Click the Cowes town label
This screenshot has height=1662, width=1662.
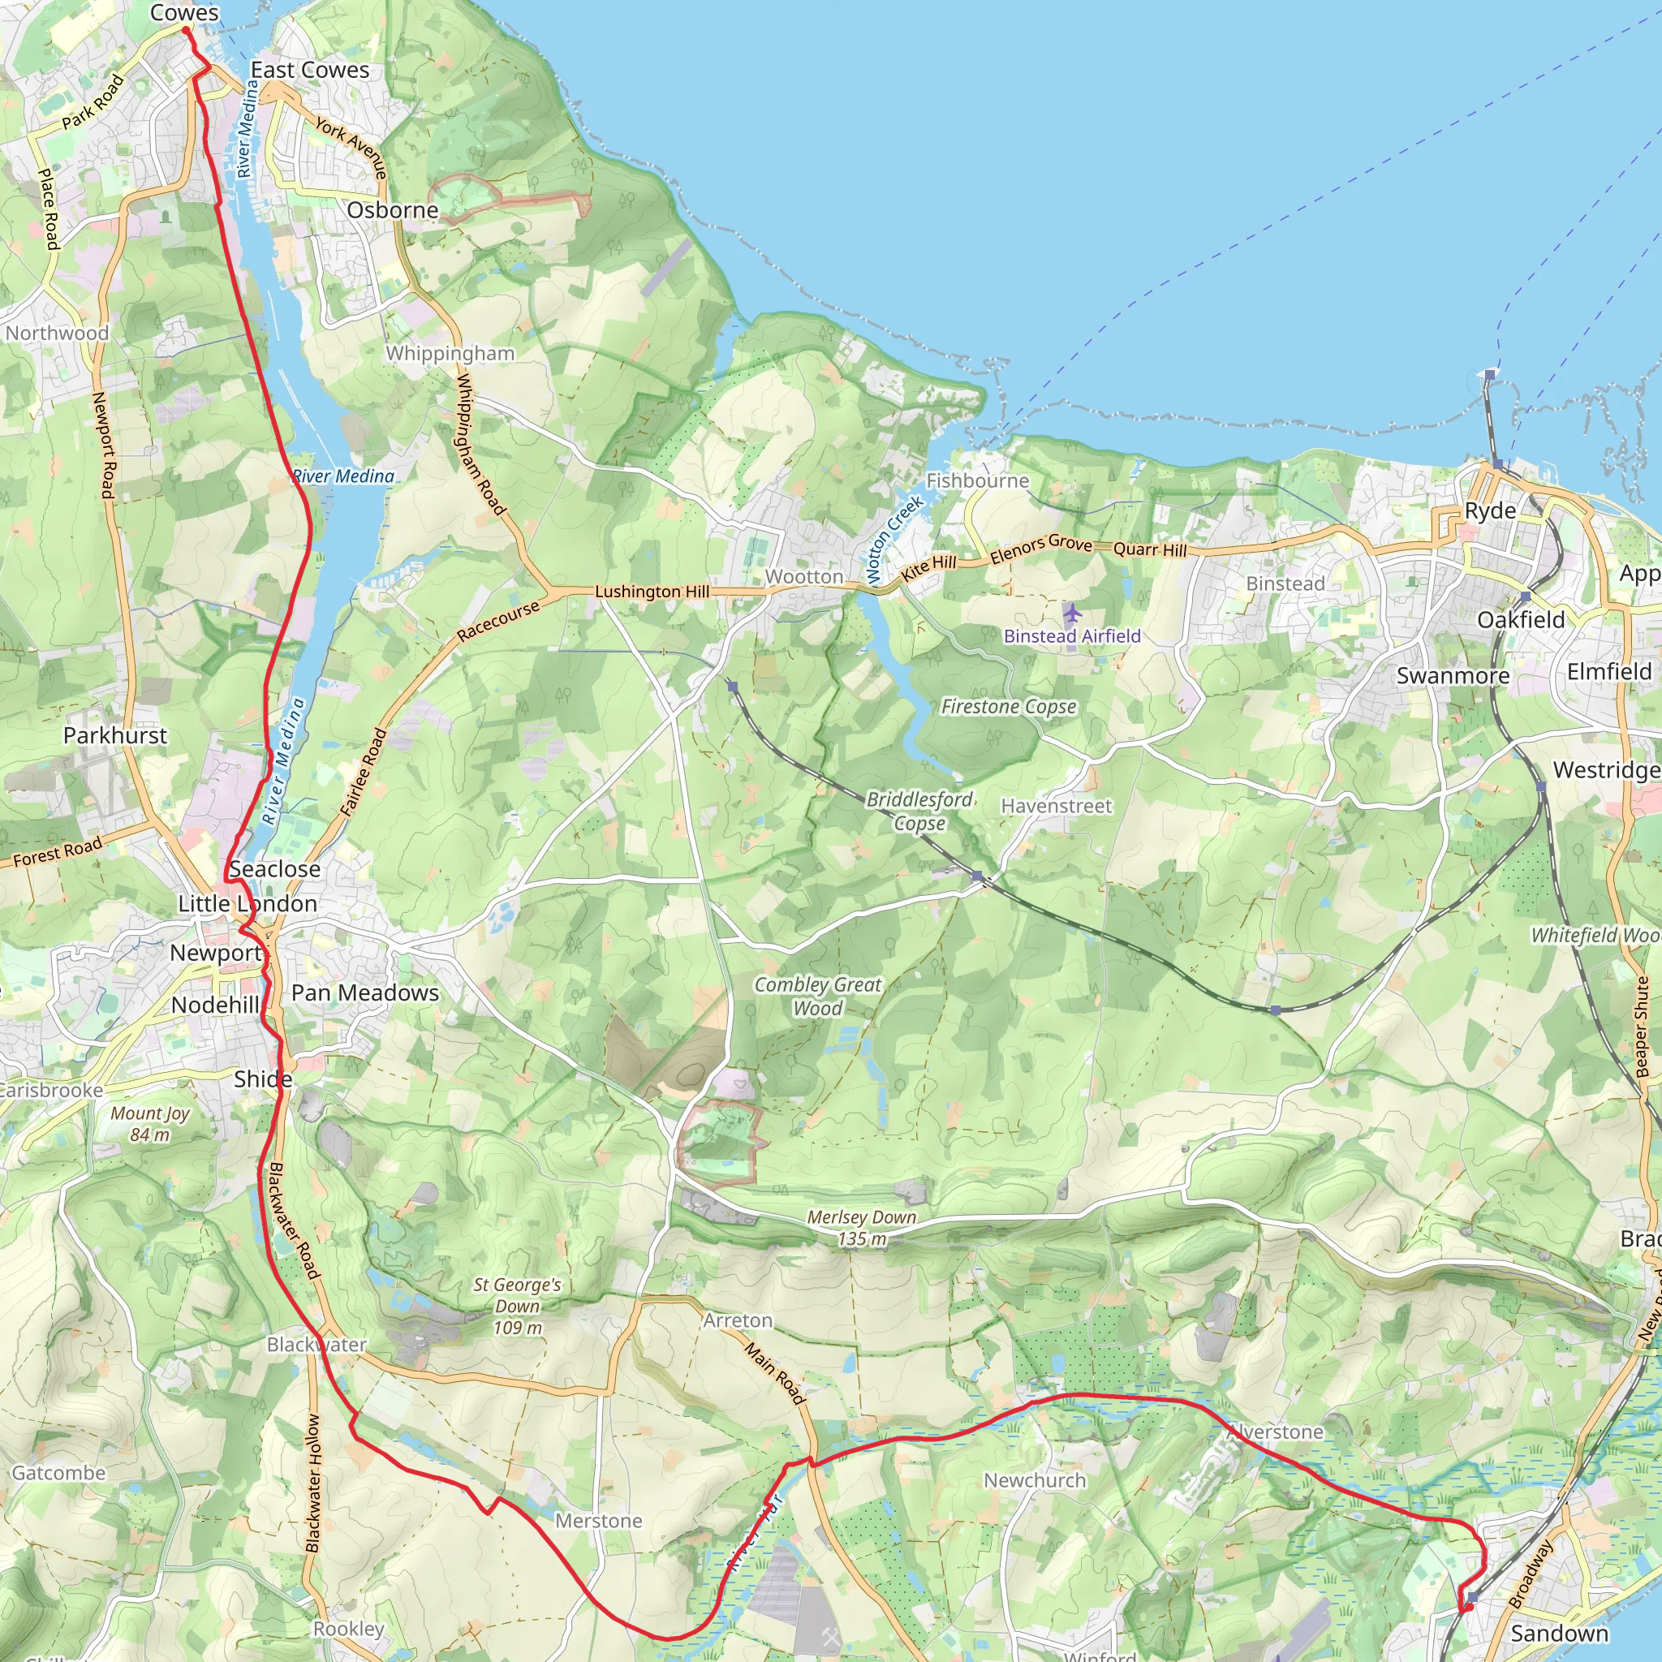click(184, 13)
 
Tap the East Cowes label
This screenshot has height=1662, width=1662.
click(310, 70)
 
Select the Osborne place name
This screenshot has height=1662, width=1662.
click(392, 210)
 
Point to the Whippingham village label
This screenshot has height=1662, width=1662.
click(450, 354)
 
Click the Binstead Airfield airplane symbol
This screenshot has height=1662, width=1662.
click(1071, 614)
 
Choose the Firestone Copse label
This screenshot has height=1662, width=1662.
click(1008, 706)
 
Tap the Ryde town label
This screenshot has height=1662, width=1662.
click(1490, 510)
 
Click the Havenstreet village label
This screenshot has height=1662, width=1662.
click(1057, 806)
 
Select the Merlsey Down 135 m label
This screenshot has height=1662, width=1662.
click(861, 1228)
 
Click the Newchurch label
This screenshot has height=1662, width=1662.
click(1034, 1480)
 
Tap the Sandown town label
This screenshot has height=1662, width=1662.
click(1559, 1633)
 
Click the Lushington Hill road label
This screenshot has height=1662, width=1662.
click(652, 591)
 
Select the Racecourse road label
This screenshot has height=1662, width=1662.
click(498, 620)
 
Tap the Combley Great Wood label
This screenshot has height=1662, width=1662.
click(817, 997)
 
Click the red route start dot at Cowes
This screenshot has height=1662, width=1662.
click(186, 31)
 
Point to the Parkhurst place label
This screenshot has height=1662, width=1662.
click(115, 735)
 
